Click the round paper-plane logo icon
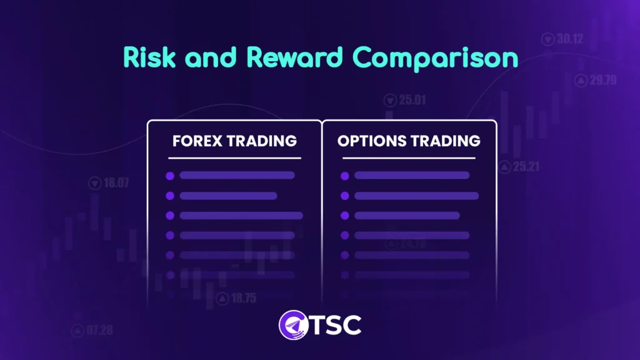[291, 325]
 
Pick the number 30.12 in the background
[569, 39]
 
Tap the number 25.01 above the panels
[412, 99]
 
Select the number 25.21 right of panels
[526, 167]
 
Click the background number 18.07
[116, 183]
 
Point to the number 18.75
[243, 298]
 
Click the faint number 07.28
[100, 329]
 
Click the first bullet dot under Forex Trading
[169, 176]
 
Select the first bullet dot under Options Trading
[344, 176]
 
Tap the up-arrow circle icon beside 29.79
[581, 80]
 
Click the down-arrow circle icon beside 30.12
[547, 39]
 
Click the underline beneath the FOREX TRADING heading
[234, 158]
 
